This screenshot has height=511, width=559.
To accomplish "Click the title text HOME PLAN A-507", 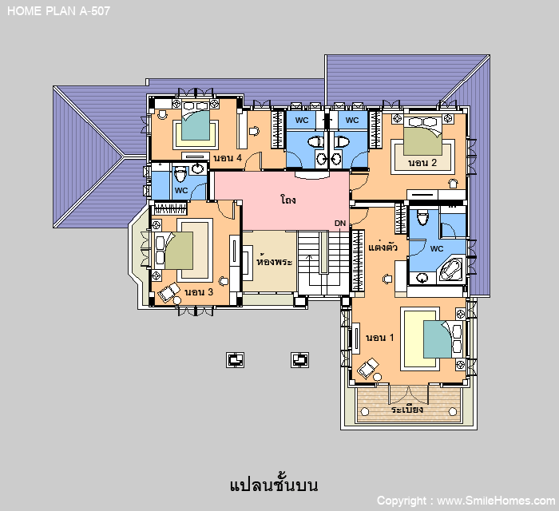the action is click(58, 11).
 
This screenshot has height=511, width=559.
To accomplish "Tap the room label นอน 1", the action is click(380, 337).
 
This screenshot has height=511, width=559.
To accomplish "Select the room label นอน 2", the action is click(422, 163).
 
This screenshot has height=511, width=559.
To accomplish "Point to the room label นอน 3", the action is click(199, 292).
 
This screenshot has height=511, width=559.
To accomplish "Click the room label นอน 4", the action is click(228, 158).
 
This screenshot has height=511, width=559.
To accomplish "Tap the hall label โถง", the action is click(288, 199).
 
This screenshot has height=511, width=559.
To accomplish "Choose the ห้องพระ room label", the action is click(274, 261).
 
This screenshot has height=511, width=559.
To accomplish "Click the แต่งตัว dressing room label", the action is click(383, 247).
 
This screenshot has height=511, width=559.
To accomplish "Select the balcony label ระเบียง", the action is click(407, 409).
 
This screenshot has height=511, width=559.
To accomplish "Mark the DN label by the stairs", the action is click(340, 223).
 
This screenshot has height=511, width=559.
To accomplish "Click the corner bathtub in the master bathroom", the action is click(451, 269).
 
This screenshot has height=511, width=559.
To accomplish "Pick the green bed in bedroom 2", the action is click(423, 136).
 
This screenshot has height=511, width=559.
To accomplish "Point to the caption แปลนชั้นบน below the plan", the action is click(274, 485).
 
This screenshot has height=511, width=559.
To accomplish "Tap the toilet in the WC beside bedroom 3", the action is click(180, 174).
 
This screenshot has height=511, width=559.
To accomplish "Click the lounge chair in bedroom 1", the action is click(369, 368).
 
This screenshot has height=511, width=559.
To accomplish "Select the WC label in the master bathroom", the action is click(437, 248).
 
